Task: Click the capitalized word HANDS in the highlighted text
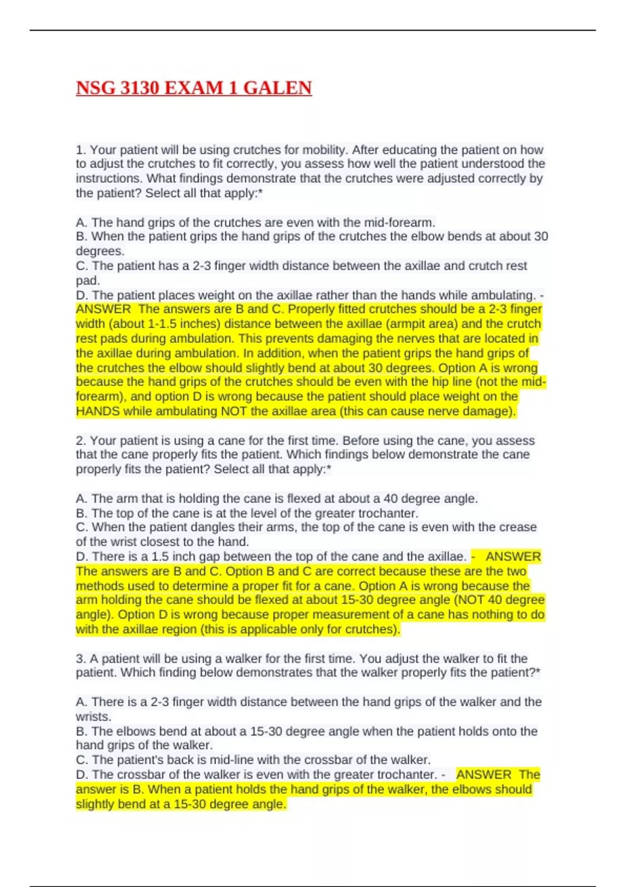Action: [x=98, y=411]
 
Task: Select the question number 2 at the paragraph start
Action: [x=80, y=440]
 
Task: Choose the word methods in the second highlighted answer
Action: [x=99, y=585]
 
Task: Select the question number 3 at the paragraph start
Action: [x=80, y=658]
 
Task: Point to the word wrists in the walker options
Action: [x=93, y=716]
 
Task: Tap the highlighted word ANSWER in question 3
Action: [x=484, y=774]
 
